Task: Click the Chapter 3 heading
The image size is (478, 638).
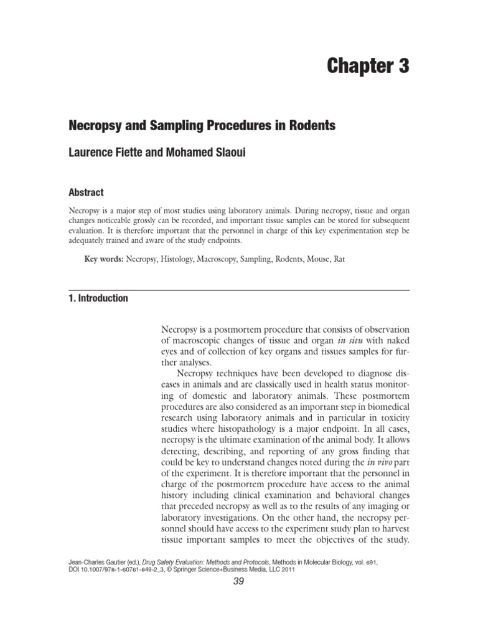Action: tap(368, 67)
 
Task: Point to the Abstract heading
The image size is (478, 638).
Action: tap(86, 193)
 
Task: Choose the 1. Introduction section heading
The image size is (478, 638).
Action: tap(98, 298)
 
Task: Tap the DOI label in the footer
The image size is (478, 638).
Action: tap(75, 569)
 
